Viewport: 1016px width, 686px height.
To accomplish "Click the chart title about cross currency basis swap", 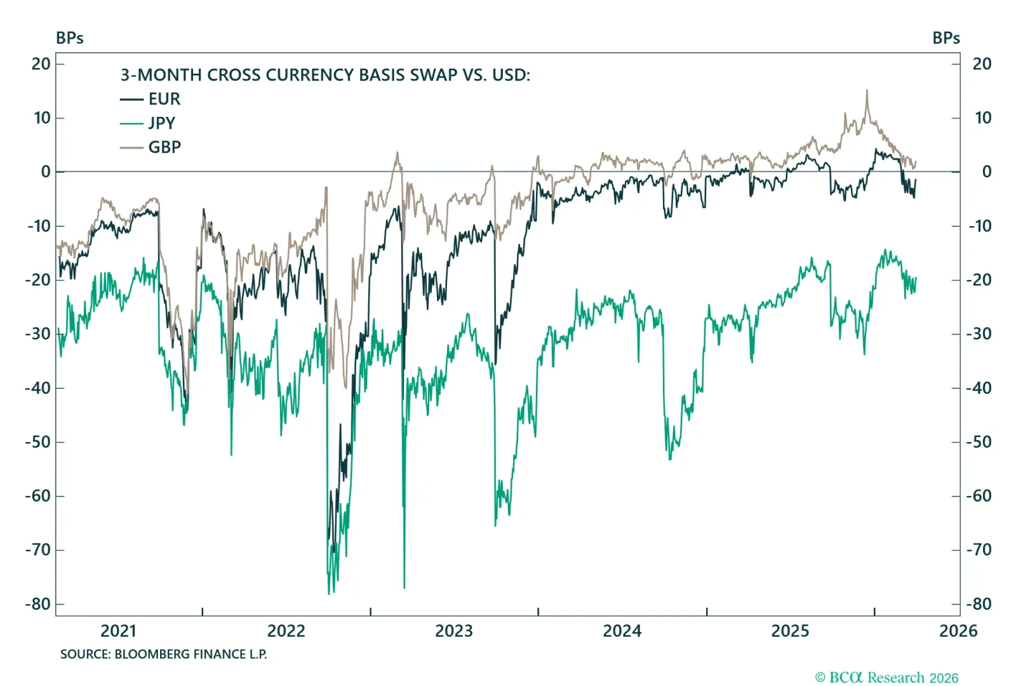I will (325, 75).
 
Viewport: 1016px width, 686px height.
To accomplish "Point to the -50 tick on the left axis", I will (39, 442).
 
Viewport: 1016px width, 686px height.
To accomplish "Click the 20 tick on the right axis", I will (982, 64).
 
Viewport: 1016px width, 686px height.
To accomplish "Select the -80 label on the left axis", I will (39, 604).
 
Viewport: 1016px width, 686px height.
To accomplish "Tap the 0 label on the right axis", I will (986, 172).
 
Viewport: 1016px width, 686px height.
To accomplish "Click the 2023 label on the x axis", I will (453, 631).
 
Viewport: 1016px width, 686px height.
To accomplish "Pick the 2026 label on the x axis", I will (958, 631).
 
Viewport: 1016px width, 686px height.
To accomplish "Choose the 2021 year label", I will (118, 631).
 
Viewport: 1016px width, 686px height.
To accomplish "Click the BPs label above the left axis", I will (69, 38).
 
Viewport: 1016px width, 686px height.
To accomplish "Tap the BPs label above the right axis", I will (946, 38).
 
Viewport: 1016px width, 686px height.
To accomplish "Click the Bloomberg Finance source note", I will (163, 654).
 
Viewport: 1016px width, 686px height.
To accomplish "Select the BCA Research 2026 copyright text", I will (886, 678).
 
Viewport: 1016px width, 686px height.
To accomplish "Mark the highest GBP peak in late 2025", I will (867, 91).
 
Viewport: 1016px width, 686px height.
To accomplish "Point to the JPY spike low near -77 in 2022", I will (404, 588).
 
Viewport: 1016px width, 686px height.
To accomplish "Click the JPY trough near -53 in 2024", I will (670, 459).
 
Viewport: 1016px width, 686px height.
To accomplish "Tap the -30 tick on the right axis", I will (981, 334).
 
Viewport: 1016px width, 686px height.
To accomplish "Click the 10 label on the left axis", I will (42, 118).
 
